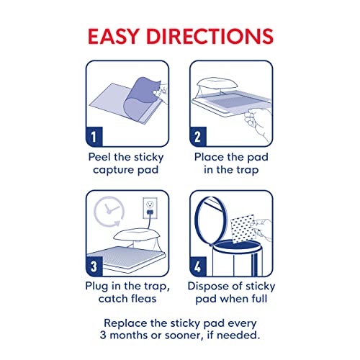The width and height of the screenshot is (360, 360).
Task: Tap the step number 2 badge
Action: [x=199, y=135]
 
